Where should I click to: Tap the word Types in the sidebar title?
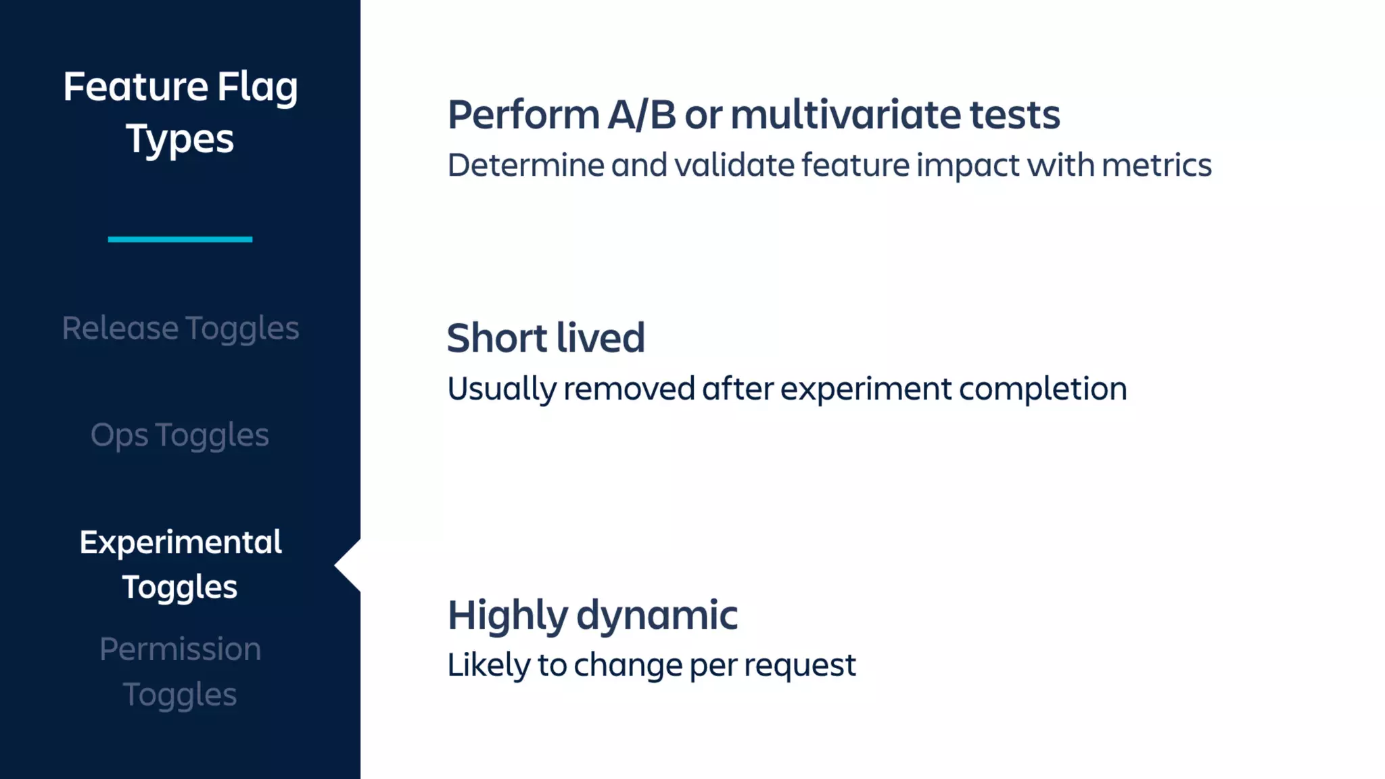pos(180,139)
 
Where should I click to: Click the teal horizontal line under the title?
pos(180,239)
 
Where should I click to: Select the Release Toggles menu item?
pos(180,329)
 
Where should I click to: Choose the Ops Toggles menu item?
pos(180,435)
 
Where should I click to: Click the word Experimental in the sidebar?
pos(180,542)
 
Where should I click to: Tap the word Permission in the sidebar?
pos(180,649)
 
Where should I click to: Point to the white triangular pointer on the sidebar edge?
pos(348,565)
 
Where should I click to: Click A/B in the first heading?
pos(642,115)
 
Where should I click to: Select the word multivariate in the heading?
pos(845,115)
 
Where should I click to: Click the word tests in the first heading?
pos(1014,115)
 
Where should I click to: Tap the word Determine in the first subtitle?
pos(525,166)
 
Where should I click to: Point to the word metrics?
pos(1156,166)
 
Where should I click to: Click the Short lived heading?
pos(546,338)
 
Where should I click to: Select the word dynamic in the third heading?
pos(657,616)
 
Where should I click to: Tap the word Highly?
pos(507,616)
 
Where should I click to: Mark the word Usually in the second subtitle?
pos(501,389)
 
